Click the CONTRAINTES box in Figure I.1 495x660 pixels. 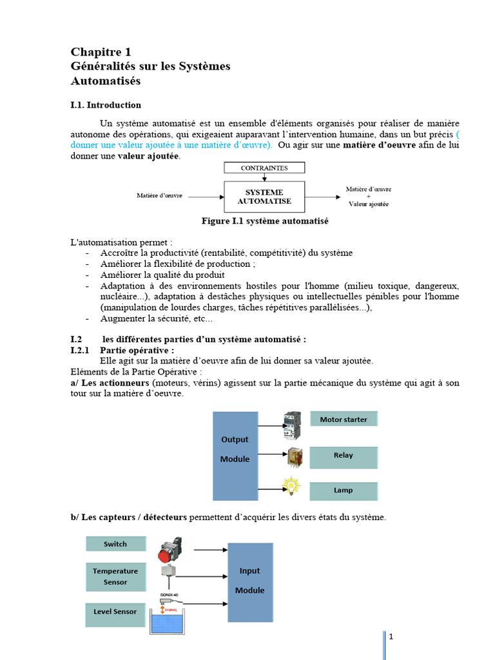(264, 168)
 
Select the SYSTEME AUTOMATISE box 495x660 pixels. (264, 196)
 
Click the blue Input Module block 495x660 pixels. (250, 581)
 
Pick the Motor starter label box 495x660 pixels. (344, 420)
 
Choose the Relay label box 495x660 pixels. (344, 456)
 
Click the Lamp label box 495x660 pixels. (344, 490)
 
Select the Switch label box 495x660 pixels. (115, 544)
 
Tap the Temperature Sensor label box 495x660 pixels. (115, 576)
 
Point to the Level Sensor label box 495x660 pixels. (115, 612)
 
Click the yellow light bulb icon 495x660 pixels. (293, 485)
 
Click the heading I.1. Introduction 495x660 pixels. (106, 105)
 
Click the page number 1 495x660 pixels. (391, 637)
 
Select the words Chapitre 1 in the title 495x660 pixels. (101, 52)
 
